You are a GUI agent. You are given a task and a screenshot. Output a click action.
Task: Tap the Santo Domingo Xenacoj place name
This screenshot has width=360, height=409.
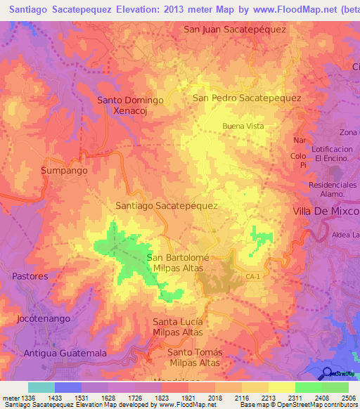point(131,106)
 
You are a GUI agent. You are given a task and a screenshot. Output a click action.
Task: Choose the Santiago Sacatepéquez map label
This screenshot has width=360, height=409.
point(166,206)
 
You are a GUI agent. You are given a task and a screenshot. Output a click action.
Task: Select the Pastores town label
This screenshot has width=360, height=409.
point(30,276)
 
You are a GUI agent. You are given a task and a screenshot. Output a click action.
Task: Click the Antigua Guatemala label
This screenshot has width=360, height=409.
point(65,352)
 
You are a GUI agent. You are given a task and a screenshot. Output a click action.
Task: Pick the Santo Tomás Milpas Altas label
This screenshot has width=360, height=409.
point(194,358)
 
